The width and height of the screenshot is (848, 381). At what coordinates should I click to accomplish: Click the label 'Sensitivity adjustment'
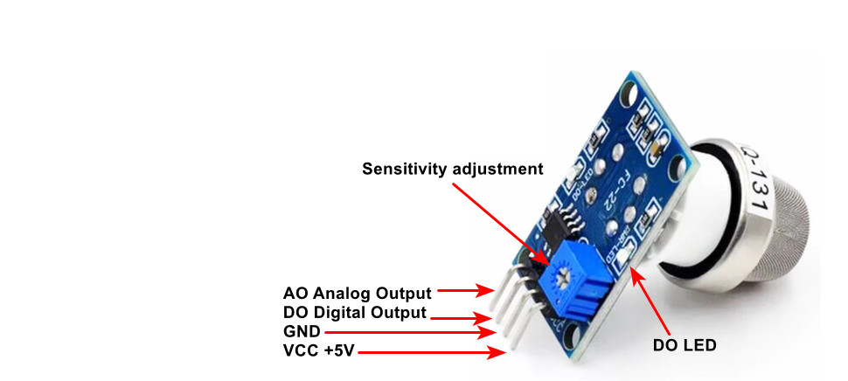[453, 169]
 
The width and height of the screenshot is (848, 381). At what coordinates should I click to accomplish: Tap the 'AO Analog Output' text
[357, 293]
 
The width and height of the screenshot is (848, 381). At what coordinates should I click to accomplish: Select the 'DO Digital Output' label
[355, 313]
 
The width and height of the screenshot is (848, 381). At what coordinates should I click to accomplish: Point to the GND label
[302, 332]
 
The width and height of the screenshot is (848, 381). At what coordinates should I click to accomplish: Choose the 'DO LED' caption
[685, 345]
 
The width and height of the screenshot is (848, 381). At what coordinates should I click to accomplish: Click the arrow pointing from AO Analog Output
[467, 289]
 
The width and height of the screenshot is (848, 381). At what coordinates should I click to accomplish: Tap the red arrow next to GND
[411, 333]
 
